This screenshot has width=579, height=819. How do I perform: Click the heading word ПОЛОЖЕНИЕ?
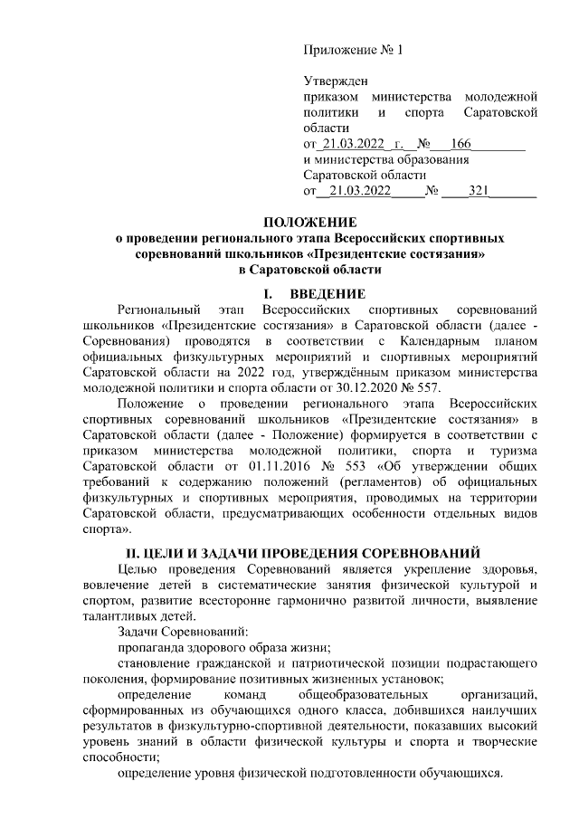[x=310, y=222]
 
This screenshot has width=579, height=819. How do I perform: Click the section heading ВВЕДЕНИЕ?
[x=328, y=293]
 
